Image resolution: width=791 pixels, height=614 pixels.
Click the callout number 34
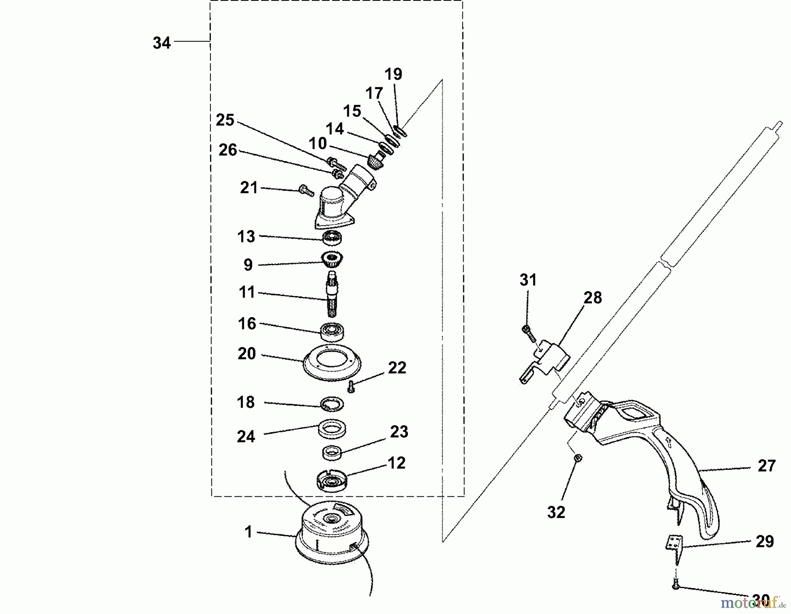tap(161, 43)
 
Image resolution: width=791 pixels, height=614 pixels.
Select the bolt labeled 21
tap(306, 191)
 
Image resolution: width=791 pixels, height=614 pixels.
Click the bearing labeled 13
tap(332, 238)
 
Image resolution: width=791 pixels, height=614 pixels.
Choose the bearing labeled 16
tap(332, 331)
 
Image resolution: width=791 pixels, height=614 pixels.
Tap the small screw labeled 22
tap(351, 386)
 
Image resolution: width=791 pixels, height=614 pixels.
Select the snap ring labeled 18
tap(332, 404)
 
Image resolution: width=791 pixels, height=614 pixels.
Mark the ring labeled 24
tap(332, 428)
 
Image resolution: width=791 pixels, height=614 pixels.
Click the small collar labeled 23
tap(332, 452)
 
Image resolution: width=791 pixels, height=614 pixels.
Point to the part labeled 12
tap(332, 480)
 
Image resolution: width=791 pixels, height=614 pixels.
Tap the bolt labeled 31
tap(528, 334)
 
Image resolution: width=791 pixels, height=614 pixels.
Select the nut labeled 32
tap(578, 458)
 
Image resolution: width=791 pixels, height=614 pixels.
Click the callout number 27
tap(766, 466)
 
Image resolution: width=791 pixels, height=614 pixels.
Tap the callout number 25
tap(225, 120)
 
